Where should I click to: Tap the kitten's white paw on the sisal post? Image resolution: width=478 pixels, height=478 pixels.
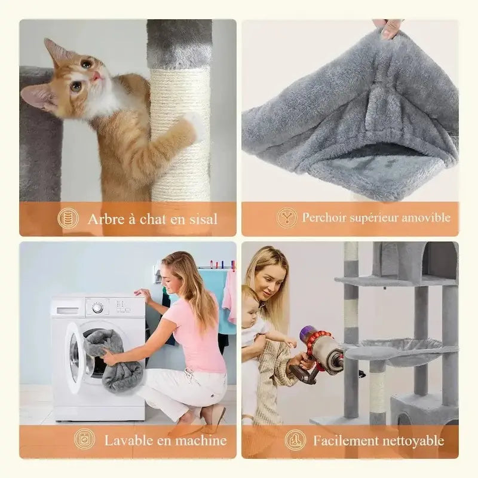[194, 124]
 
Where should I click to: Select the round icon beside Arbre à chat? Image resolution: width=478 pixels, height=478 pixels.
[68, 218]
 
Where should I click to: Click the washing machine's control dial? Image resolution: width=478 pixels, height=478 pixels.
[97, 308]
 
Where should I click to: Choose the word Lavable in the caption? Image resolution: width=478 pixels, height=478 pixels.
[128, 440]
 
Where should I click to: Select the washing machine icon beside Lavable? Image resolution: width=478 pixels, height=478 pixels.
[84, 440]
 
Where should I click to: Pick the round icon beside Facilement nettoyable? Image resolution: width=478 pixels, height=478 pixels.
[295, 440]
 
